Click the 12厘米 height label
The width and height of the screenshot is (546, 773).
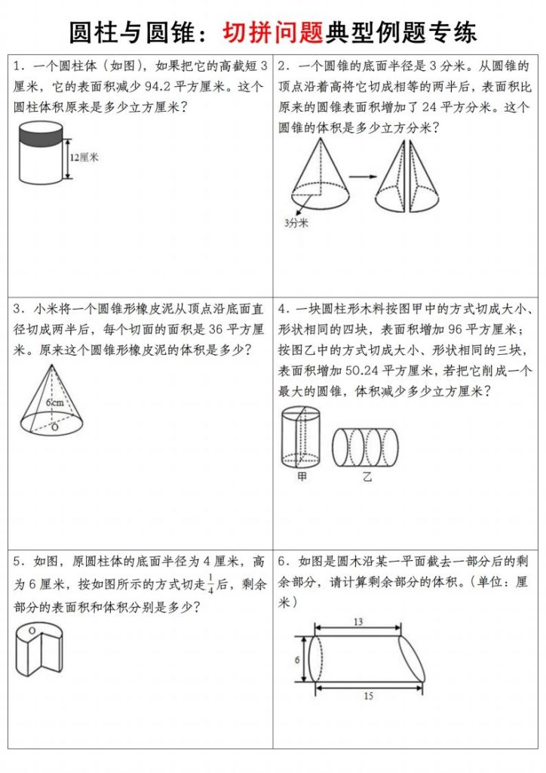click(84, 158)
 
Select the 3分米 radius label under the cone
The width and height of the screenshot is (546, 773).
click(296, 223)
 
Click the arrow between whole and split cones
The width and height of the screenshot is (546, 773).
click(363, 177)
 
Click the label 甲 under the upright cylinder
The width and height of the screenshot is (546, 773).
click(301, 476)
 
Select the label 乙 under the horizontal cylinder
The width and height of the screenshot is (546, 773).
click(367, 476)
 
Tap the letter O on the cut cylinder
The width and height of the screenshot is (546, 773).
click(32, 629)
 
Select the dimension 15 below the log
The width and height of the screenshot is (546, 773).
click(368, 695)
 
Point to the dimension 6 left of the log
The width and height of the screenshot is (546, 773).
click(297, 659)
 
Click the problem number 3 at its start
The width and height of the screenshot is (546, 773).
click(17, 309)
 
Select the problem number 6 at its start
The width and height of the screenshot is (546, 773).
click(282, 561)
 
